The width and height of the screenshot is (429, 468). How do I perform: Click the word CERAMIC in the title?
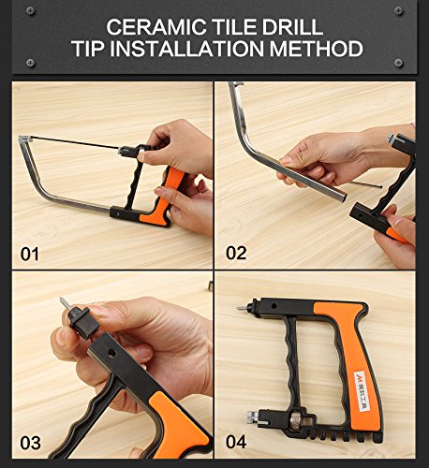coord(156,27)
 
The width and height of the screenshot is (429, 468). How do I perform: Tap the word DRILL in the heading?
coord(292,27)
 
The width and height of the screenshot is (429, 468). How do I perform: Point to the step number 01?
coord(30,254)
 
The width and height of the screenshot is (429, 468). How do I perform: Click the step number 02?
coord(236,253)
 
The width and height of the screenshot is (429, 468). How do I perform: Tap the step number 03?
coord(30,443)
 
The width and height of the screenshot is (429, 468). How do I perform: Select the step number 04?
coord(236,442)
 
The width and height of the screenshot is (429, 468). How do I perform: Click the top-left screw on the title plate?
coord(30,11)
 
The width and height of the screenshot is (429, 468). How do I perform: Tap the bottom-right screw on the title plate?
coord(399,63)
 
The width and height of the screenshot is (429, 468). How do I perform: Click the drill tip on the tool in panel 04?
coord(242,308)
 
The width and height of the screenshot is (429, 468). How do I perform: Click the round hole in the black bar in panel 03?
coord(111,354)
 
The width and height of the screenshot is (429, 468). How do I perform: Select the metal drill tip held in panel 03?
coord(64,303)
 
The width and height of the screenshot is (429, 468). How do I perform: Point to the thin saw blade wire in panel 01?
coord(75,142)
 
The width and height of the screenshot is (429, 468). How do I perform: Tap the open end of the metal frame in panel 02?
coord(342,196)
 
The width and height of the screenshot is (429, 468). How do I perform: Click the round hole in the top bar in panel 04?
coord(274,306)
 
